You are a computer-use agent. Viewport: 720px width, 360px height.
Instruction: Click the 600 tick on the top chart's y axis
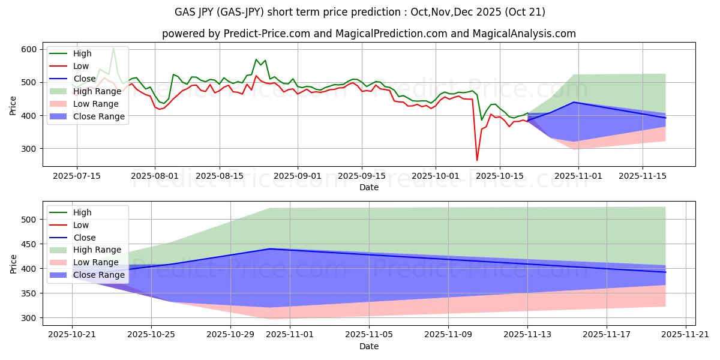[29, 49]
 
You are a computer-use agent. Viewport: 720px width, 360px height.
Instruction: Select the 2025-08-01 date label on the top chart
[155, 176]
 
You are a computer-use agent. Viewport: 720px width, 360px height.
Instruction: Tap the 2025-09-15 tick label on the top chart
[362, 176]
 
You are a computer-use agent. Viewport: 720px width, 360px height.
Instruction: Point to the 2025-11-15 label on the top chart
[643, 176]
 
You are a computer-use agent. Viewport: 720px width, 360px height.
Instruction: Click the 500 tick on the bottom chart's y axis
[29, 220]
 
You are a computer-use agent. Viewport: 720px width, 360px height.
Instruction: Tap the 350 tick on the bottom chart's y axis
[29, 293]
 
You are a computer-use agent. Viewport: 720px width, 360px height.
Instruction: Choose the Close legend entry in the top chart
[84, 79]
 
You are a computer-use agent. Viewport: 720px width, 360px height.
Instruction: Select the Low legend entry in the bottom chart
[81, 225]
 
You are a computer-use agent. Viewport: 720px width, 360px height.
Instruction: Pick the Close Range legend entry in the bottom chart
[98, 275]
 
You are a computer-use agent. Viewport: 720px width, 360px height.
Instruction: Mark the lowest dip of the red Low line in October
[477, 160]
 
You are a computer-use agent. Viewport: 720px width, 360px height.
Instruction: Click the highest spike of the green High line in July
[113, 47]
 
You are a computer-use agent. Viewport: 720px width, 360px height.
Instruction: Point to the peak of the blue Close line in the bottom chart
[270, 248]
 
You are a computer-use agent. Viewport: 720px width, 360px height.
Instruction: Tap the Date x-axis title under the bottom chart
[369, 346]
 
